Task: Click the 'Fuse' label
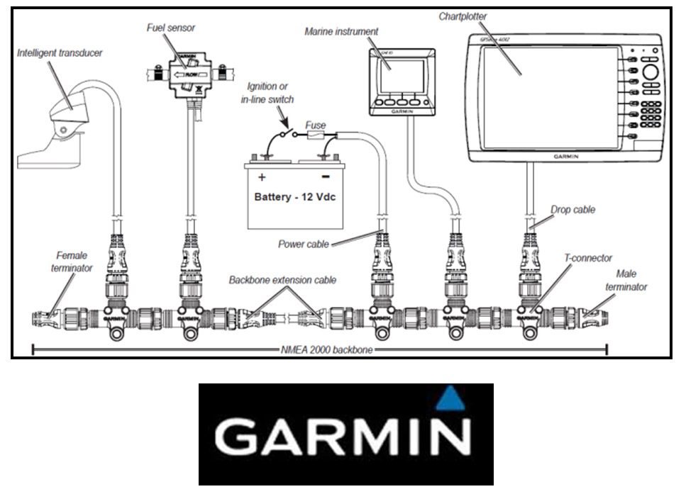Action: (x=315, y=125)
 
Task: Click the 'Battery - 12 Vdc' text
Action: (x=294, y=196)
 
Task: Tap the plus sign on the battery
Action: (x=262, y=176)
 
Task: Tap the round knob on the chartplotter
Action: (x=650, y=73)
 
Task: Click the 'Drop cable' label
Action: (x=572, y=210)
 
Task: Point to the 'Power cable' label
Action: (x=304, y=245)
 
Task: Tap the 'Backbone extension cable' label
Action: (x=282, y=280)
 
